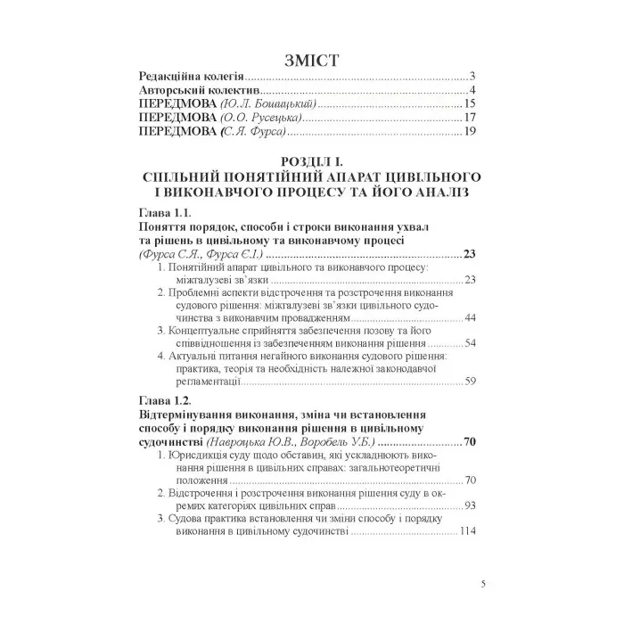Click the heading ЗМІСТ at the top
click(311, 60)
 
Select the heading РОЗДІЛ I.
click(311, 160)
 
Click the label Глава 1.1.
click(167, 215)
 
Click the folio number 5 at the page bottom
click(482, 585)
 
